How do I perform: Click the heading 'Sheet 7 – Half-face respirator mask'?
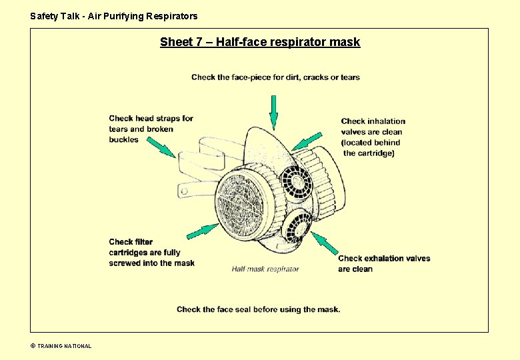coord(259,43)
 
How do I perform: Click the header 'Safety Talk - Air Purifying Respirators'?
coord(114,16)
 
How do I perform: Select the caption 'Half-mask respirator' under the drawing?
coord(265,269)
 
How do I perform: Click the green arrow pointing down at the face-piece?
coord(273,112)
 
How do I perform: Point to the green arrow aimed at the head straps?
coord(161,147)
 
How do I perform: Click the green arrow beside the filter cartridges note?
coord(203,231)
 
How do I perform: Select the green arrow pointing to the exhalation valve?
coord(325,245)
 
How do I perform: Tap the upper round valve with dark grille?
coord(295,181)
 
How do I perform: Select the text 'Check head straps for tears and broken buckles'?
coord(151,129)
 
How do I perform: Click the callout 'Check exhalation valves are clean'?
coord(383,264)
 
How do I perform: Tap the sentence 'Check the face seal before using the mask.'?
coord(258,309)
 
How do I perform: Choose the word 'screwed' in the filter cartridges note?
coord(123,263)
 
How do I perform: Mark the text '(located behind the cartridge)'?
coord(370,148)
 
